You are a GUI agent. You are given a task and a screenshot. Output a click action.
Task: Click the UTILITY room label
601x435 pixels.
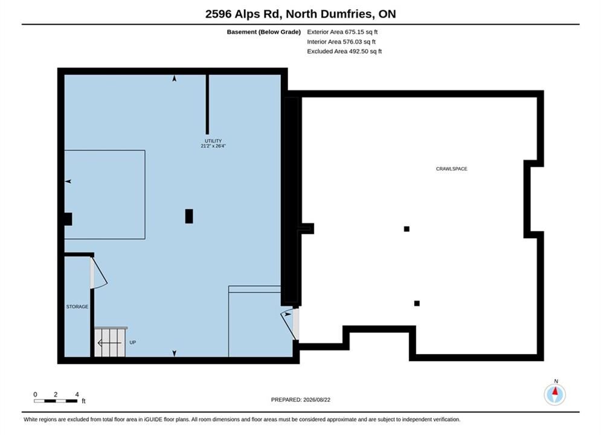click(213, 141)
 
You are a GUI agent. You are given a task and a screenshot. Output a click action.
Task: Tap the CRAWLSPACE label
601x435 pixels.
click(452, 169)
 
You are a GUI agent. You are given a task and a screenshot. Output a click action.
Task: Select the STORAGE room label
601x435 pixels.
click(77, 306)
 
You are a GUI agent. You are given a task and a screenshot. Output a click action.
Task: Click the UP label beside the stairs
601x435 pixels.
click(133, 342)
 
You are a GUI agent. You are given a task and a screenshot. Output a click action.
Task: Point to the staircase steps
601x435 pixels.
click(111, 342)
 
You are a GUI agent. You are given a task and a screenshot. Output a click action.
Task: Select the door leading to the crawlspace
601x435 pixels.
click(291, 324)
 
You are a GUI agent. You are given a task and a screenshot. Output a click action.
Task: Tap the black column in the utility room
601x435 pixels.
click(189, 216)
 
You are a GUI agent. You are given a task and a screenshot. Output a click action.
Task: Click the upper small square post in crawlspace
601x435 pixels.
click(407, 229)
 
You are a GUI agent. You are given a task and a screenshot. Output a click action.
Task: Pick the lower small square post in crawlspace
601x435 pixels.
click(417, 303)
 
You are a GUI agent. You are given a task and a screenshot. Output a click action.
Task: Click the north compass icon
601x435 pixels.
click(554, 393)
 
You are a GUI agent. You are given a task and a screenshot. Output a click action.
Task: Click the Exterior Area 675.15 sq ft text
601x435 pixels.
click(342, 32)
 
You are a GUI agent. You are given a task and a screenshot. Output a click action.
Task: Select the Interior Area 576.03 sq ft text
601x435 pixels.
click(341, 42)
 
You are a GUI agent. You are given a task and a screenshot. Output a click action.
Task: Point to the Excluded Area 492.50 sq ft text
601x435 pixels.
click(344, 51)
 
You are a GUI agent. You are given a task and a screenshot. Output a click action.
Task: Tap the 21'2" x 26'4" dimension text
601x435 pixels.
click(213, 146)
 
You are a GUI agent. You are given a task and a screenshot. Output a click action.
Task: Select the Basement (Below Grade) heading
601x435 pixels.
click(264, 32)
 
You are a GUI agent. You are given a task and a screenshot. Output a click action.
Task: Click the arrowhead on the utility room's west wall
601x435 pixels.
click(68, 181)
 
